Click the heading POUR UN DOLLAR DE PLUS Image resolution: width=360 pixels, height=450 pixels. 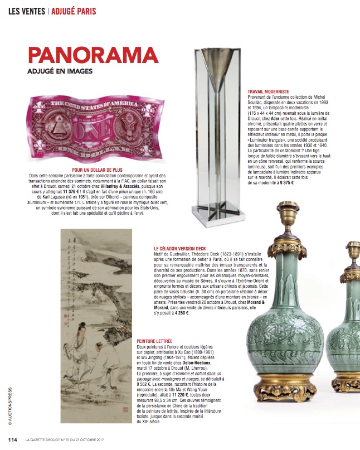(x=98, y=169)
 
